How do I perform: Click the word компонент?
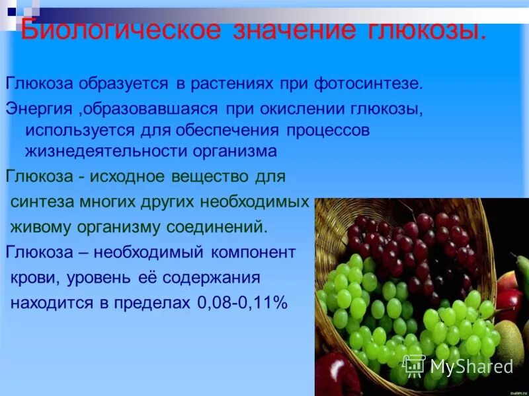tap(253, 252)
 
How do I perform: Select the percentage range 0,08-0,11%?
tap(242, 303)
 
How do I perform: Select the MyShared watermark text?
tap(471, 367)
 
